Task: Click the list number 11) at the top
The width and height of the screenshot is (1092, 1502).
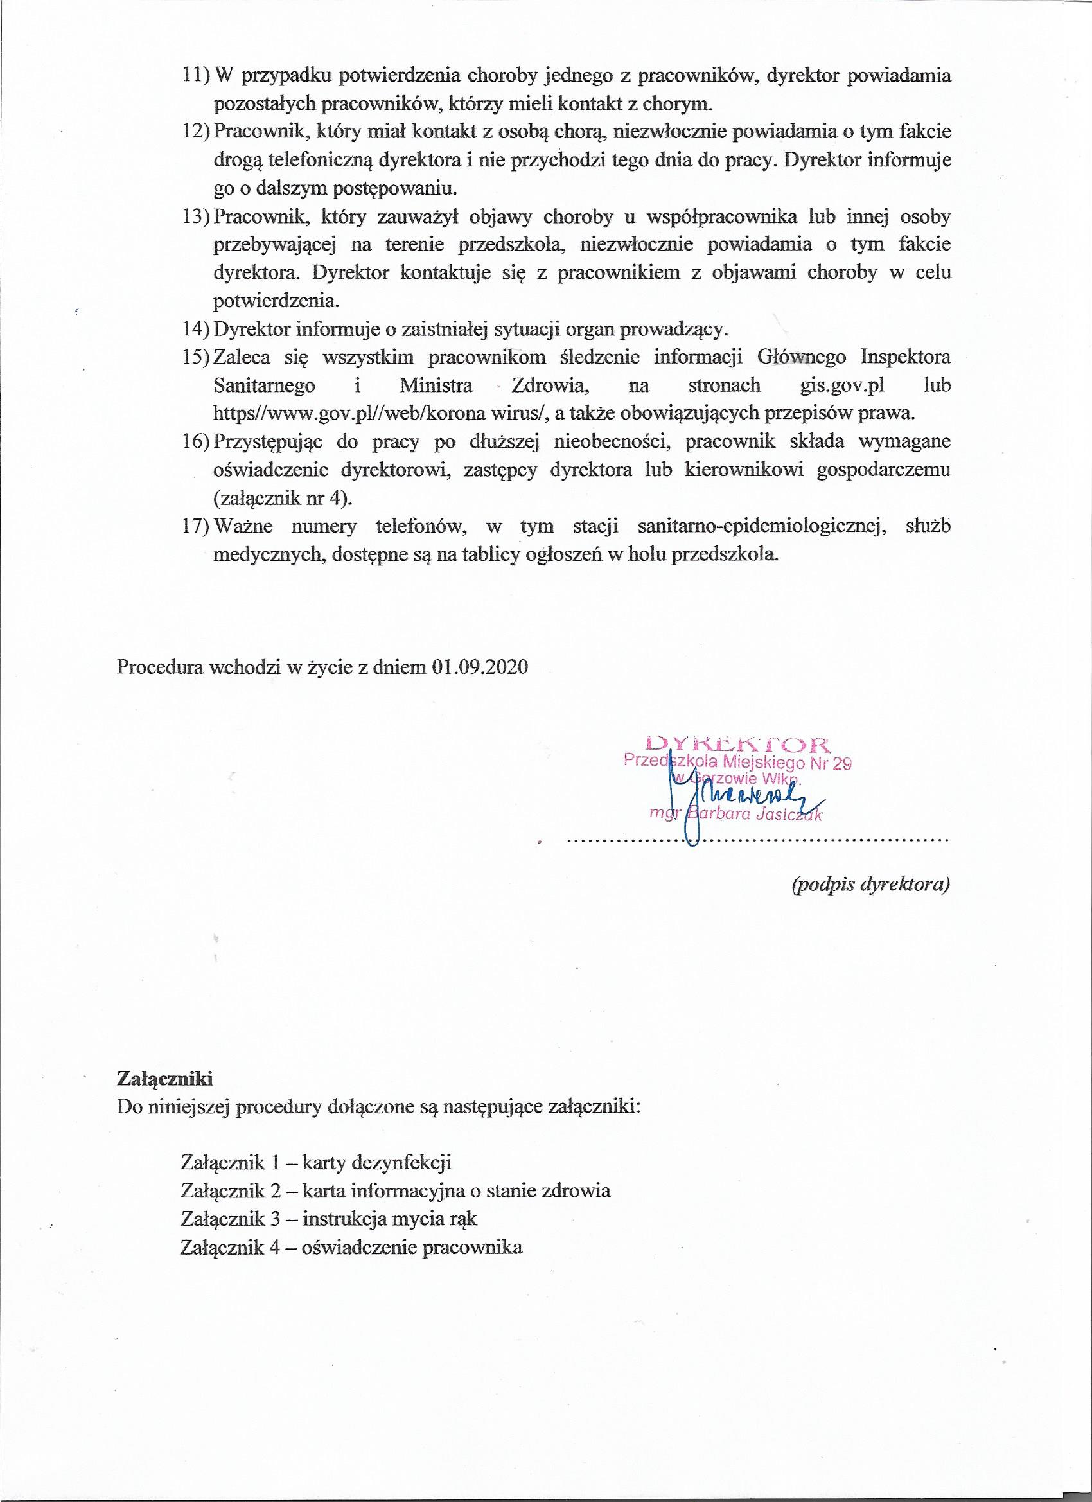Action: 195,76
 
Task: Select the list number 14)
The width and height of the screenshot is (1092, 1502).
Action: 195,329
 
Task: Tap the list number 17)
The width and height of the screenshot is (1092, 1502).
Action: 195,527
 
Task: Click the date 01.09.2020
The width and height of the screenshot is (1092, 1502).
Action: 479,667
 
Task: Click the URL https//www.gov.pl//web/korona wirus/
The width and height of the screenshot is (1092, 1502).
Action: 379,414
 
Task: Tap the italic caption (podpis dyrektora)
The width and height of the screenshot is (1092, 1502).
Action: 871,885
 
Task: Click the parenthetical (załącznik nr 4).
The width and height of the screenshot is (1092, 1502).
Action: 283,498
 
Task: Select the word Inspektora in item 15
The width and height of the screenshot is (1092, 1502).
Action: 906,358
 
